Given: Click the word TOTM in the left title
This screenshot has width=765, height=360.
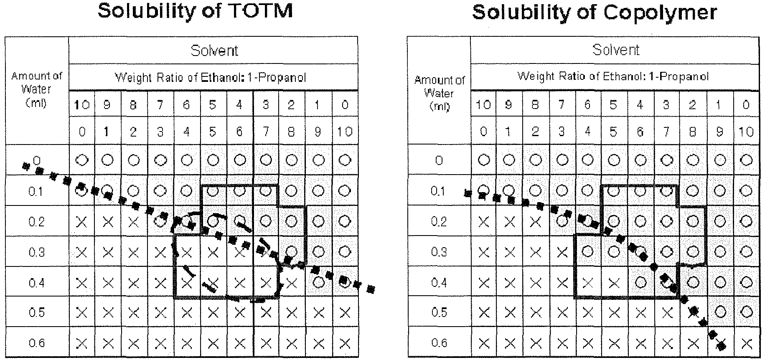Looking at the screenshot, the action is coord(257,11).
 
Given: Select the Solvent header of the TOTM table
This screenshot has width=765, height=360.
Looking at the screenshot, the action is coord(214,51).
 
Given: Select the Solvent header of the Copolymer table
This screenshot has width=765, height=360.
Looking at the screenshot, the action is coord(616,50).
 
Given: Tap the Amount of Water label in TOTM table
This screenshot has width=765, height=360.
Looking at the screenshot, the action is coord(36,89).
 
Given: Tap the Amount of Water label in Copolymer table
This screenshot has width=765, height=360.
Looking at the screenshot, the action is coord(439,93).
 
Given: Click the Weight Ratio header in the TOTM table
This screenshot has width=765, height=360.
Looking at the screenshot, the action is coord(211,78).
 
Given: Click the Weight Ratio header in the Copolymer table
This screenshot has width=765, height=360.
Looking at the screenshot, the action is coord(613,76).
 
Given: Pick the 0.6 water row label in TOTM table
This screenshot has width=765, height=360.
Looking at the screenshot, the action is coord(36,343).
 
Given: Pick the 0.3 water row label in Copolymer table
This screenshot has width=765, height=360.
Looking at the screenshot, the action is coord(439,252).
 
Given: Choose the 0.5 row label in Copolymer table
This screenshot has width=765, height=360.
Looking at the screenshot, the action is coord(439,312).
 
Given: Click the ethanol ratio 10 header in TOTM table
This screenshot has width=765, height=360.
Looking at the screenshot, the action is coord(82,104).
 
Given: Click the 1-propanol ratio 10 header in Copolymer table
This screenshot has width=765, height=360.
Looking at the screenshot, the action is coord(746,132).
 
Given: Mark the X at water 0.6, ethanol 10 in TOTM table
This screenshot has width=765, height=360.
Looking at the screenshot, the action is coord(82,343).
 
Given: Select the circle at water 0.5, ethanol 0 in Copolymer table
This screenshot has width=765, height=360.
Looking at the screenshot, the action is coord(746,312).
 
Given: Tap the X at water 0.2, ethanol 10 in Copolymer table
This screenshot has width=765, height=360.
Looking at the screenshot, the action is coord(484,221).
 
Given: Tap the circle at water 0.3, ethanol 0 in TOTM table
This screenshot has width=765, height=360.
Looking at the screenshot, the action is coord(345,252).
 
